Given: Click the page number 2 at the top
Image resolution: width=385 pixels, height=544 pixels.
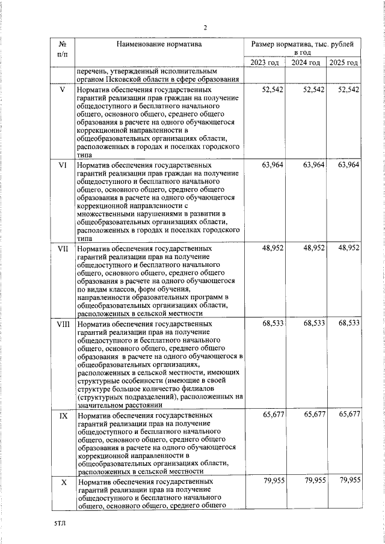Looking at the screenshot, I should coord(205,28).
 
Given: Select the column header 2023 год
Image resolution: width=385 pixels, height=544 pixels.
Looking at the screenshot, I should coord(265,63).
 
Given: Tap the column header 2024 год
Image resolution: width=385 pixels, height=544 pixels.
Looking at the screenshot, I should coord(306,63).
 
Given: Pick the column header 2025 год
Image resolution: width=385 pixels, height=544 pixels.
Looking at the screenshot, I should coord(343,63).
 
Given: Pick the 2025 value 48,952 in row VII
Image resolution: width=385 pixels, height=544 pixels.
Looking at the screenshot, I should coord(349,248).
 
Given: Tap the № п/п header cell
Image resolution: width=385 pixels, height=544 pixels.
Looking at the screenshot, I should coord(61,49).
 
